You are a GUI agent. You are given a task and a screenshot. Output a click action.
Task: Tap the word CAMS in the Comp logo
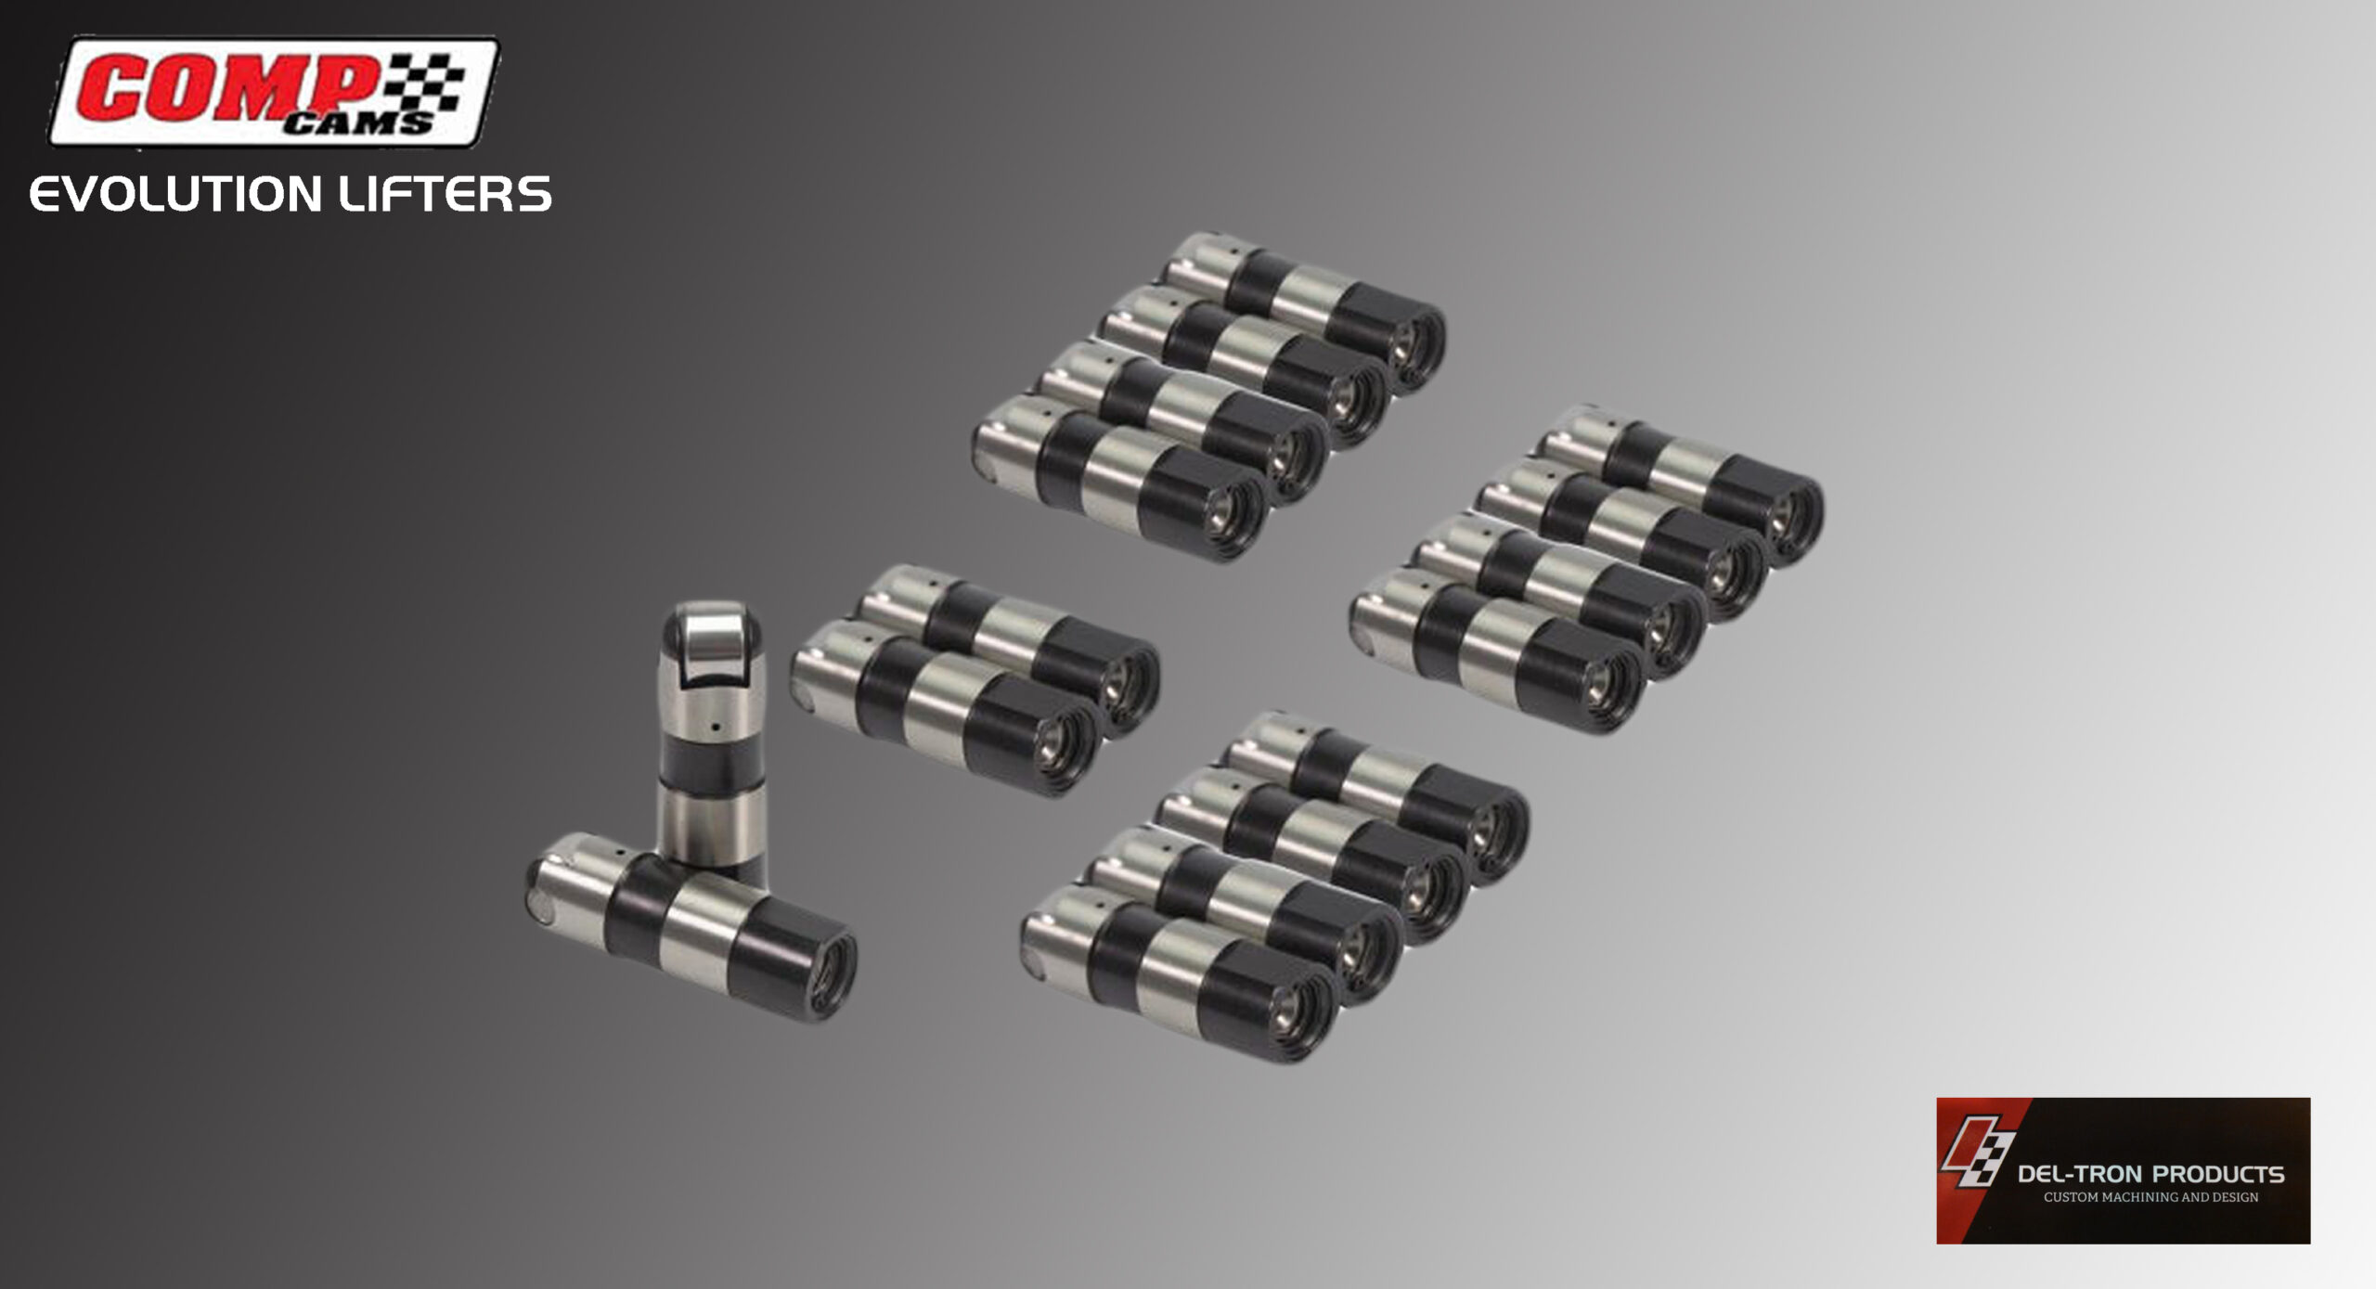(357, 122)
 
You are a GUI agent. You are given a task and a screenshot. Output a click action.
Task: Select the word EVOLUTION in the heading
(175, 195)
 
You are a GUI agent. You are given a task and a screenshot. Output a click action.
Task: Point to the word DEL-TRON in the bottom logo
(2083, 1174)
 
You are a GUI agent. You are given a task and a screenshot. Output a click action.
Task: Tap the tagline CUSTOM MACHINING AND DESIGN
(2150, 1197)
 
